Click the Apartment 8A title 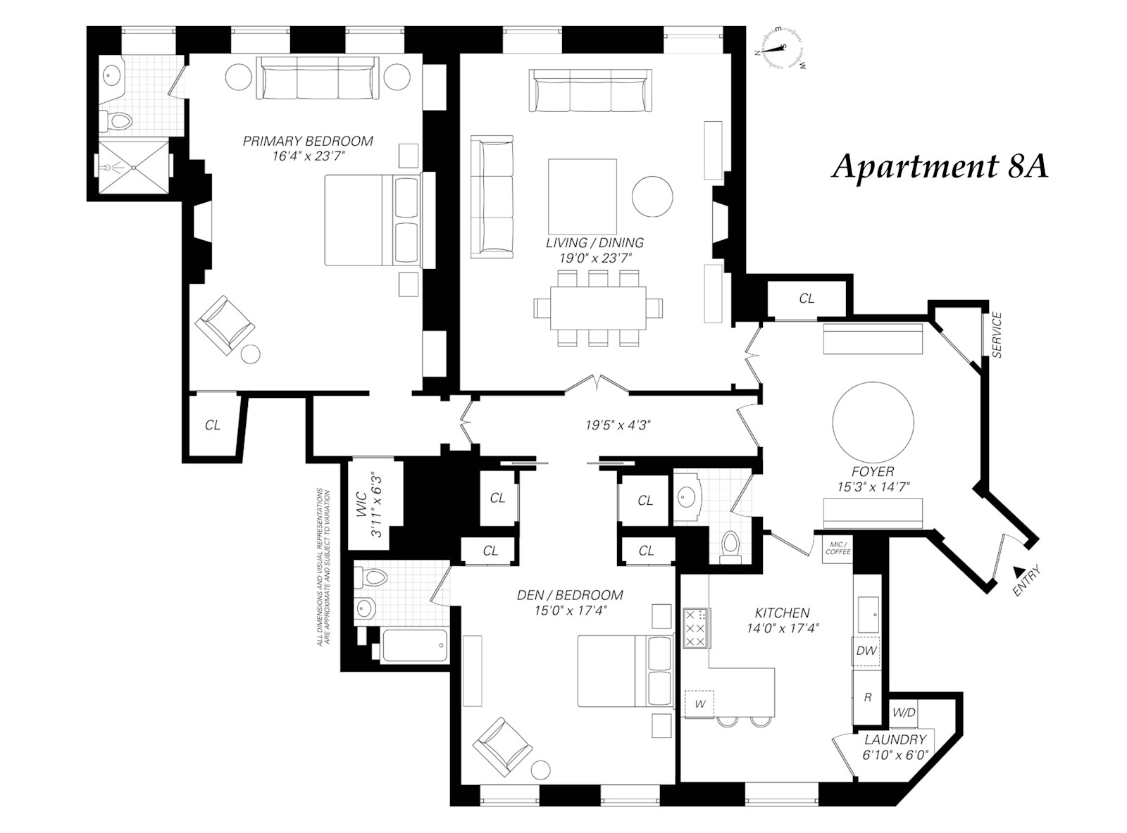click(940, 168)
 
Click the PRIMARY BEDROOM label click(308, 141)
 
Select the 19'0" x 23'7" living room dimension click(595, 258)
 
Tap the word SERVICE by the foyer click(996, 335)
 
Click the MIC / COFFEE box click(838, 547)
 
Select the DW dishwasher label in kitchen click(866, 651)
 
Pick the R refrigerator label click(868, 697)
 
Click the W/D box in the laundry click(904, 713)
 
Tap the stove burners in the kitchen click(696, 627)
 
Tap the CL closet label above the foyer click(807, 299)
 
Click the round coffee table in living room click(652, 196)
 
